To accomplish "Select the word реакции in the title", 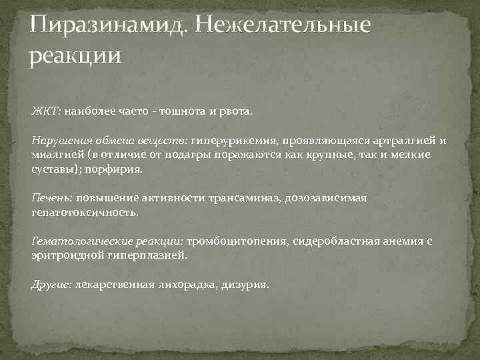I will click(76, 56).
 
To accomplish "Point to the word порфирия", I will click(116, 169).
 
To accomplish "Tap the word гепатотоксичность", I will click(85, 212).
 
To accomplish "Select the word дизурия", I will click(245, 285).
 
